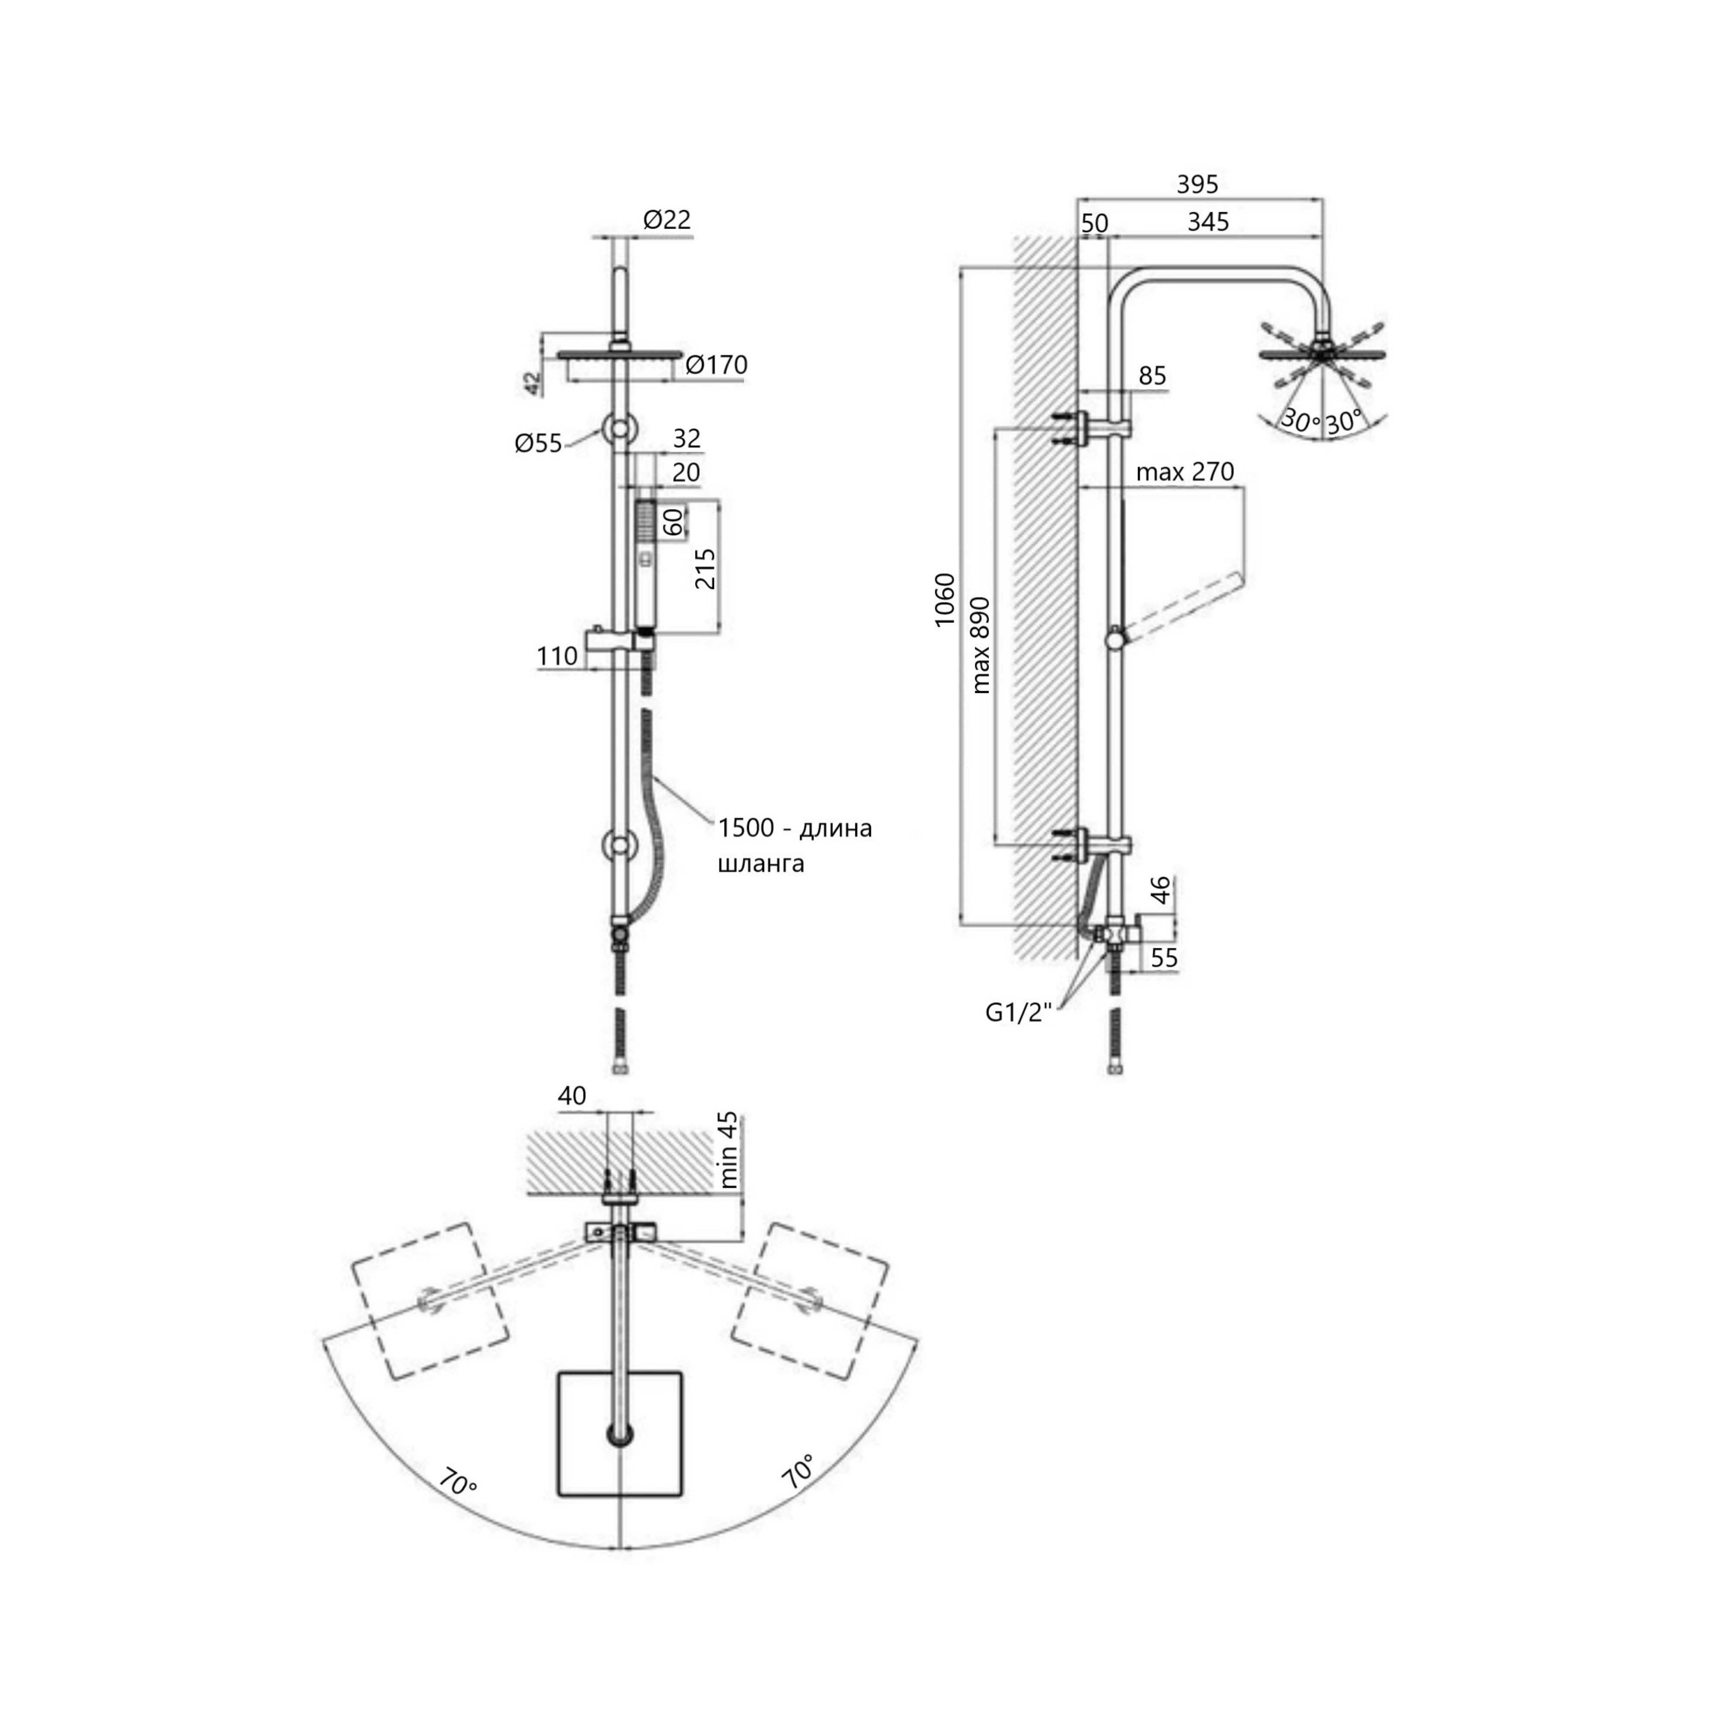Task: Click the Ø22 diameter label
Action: click(x=667, y=219)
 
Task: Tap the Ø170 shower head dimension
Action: click(x=716, y=365)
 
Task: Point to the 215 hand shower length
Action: click(x=705, y=568)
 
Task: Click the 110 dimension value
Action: click(x=557, y=656)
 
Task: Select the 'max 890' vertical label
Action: click(x=982, y=644)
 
